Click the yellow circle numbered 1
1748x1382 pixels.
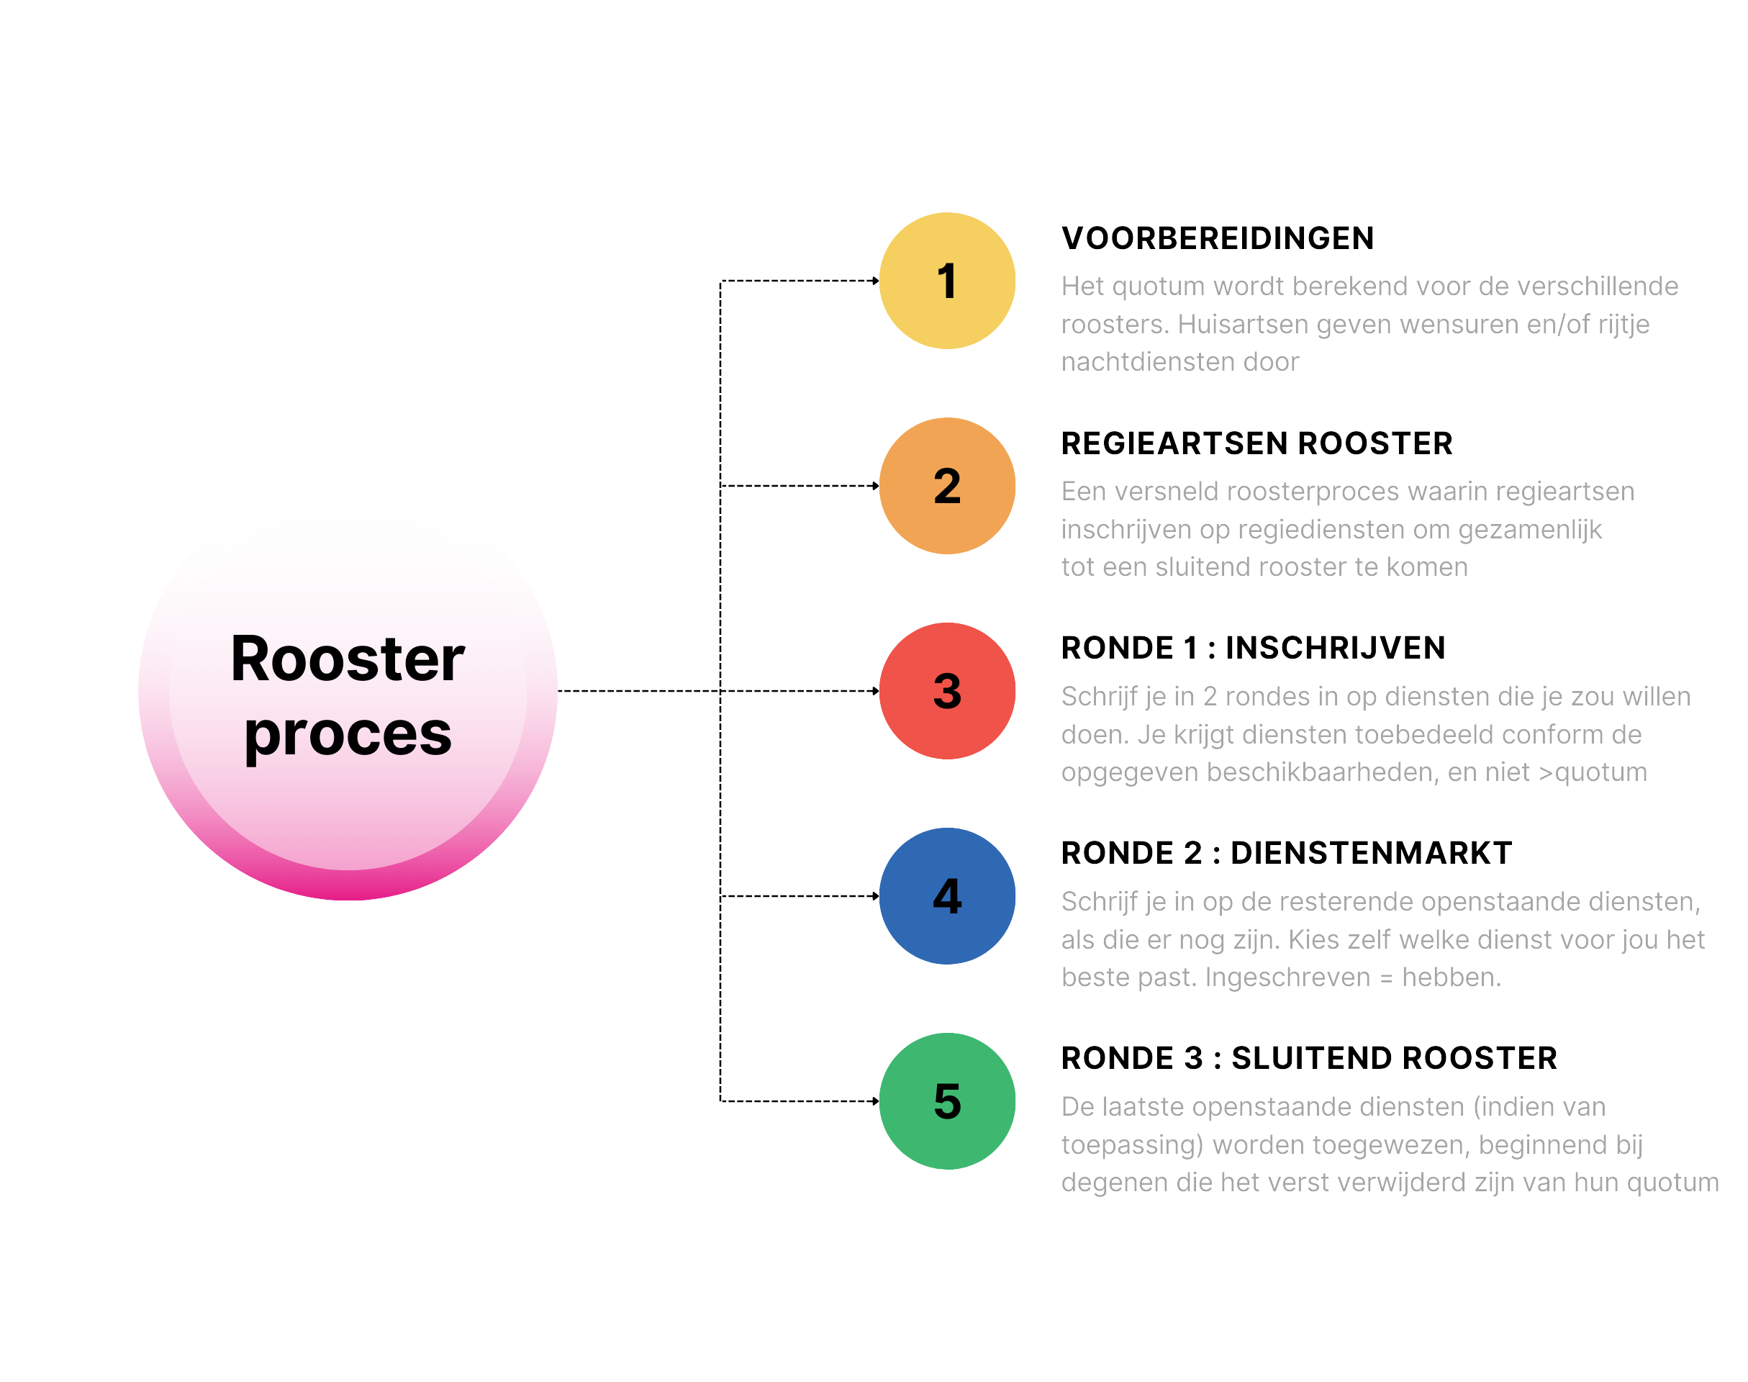point(946,281)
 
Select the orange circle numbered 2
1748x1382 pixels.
point(946,485)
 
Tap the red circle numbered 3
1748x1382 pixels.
point(946,691)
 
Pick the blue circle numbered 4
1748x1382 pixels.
point(946,895)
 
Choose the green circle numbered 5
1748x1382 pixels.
point(946,1101)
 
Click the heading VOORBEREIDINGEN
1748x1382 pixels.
point(1218,239)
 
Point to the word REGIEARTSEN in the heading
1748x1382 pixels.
point(1174,443)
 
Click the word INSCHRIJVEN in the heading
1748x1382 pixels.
point(1335,648)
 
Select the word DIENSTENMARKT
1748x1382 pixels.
point(1370,853)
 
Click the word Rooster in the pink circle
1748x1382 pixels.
point(348,659)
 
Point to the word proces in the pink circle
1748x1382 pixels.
point(348,735)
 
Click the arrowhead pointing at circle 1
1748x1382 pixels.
point(875,281)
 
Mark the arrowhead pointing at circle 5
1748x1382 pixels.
point(875,1101)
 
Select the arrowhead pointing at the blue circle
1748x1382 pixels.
point(875,895)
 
